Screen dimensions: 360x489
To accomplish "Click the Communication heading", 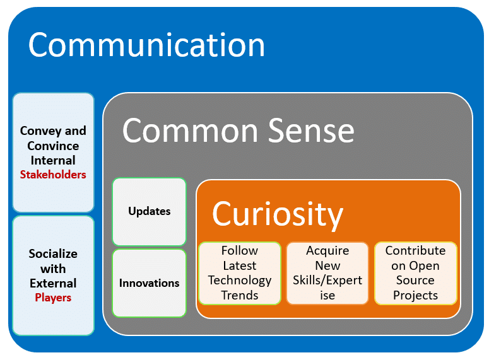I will (x=146, y=45).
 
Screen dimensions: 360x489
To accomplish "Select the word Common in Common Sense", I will (x=180, y=131).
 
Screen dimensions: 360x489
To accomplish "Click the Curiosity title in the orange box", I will (x=278, y=214).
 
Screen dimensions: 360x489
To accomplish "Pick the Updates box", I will (x=150, y=211).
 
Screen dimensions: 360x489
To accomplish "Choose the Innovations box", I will (x=150, y=283).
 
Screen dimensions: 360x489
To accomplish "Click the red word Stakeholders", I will (x=53, y=175).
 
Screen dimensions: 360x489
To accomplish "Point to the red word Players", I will (x=53, y=298).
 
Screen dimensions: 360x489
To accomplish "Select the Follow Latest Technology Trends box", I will (x=240, y=273).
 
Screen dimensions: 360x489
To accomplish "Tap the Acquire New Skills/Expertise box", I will (x=327, y=273).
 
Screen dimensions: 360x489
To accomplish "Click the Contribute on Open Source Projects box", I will (x=415, y=273).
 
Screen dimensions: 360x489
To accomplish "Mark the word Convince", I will (x=53, y=146).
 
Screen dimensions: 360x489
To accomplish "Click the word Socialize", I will (x=53, y=254).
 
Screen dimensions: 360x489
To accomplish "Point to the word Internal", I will (x=53, y=160).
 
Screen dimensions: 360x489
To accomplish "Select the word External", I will (x=53, y=283).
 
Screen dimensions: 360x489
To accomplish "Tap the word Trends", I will (x=240, y=295).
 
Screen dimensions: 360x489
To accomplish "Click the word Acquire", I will (x=327, y=251).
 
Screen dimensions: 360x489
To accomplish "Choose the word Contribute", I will (x=415, y=251).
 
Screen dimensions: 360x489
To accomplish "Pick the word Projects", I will (x=415, y=295).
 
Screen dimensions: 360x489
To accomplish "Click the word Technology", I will (x=240, y=280).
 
